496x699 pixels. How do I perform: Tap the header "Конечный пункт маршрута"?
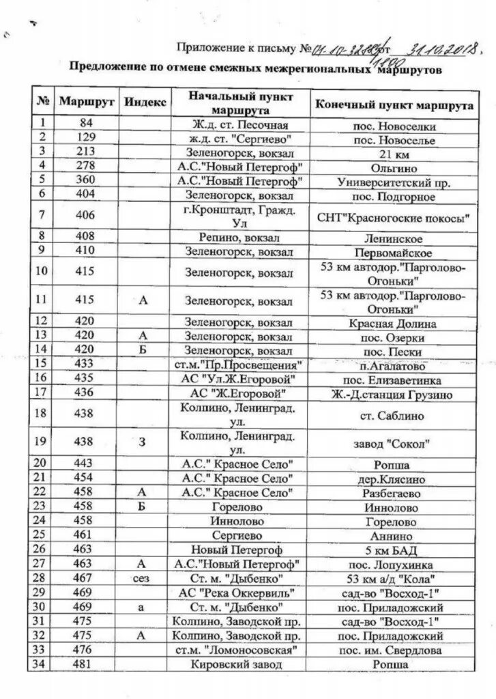(394, 107)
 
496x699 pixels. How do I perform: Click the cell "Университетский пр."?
(393, 182)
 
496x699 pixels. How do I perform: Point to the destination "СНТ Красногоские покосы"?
(394, 218)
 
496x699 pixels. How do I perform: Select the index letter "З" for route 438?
(143, 442)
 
